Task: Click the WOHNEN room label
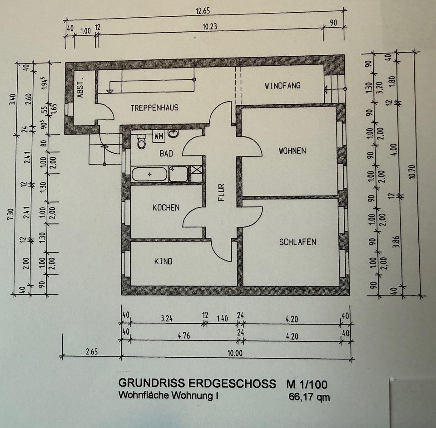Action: [x=292, y=151]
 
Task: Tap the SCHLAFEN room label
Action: [x=297, y=242]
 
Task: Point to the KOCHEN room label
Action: [x=166, y=208]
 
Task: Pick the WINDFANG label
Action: [x=282, y=85]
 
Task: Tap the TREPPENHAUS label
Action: [x=154, y=108]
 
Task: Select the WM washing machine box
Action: [x=159, y=136]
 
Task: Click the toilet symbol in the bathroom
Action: [x=141, y=141]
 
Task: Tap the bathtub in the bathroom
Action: [x=149, y=174]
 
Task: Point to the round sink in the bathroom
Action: [x=173, y=134]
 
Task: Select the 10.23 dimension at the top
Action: [x=209, y=27]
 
